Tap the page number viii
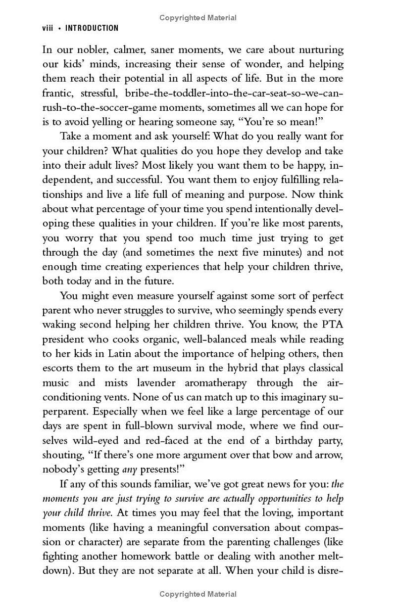(48, 28)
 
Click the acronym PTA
(332, 325)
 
